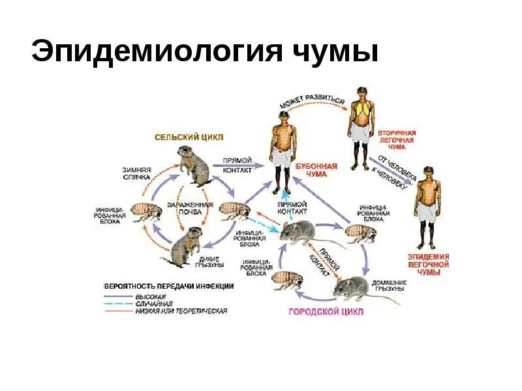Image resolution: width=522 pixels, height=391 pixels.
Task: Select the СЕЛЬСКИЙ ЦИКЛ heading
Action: [x=189, y=138]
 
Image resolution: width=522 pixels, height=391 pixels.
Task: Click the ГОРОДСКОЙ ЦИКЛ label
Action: [x=326, y=311]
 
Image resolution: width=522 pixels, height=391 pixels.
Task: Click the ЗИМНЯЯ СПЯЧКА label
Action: [x=136, y=173]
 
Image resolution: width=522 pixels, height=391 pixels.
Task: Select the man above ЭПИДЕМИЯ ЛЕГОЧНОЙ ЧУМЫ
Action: [x=427, y=205]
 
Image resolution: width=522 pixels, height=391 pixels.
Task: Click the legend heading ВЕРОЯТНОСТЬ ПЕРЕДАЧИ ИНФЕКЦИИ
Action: [x=170, y=285]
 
